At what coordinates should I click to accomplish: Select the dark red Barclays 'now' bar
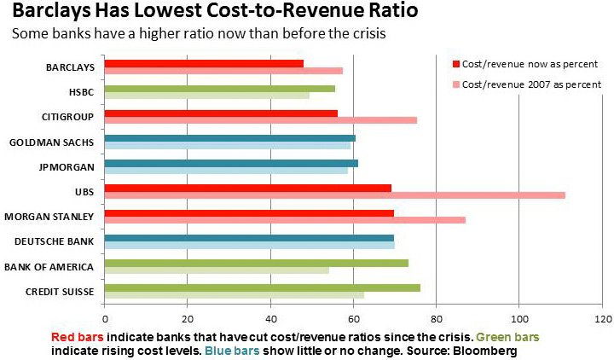tap(204, 63)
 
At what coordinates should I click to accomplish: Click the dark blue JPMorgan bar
tap(231, 162)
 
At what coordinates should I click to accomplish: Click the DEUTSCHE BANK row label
tap(61, 241)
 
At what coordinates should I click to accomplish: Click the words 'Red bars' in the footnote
tap(78, 337)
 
